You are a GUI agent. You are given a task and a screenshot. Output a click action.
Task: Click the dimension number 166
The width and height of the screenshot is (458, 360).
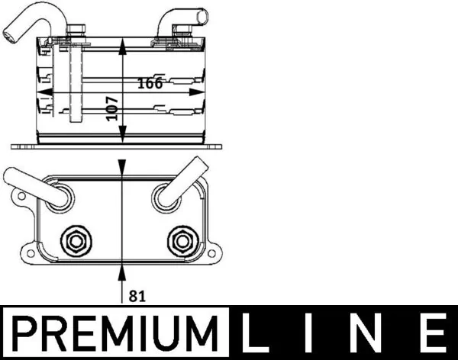[150, 83]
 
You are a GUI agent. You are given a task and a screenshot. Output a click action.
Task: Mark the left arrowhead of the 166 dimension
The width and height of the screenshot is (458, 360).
[44, 92]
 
